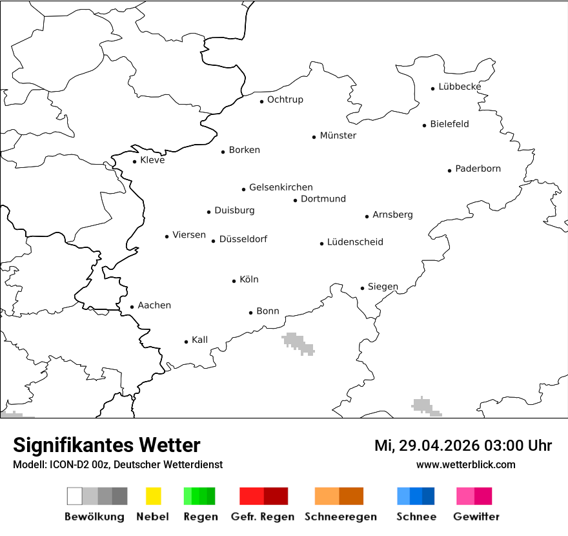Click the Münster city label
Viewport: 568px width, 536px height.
338,136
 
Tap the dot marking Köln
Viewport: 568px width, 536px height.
234,281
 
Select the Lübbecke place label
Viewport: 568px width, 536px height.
460,87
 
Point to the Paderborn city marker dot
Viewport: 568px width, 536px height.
450,170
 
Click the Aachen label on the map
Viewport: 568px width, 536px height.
154,305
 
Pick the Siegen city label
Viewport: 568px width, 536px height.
383,287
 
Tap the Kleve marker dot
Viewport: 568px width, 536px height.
135,161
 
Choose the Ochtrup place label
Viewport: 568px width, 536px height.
285,99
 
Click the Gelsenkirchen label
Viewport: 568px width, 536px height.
281,187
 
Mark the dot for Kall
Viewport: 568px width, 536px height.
187,342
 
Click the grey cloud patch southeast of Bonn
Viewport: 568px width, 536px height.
298,343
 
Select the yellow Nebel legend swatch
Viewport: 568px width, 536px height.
153,496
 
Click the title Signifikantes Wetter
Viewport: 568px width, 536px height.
107,445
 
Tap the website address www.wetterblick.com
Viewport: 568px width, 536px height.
465,464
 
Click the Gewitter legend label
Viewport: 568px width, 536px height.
476,517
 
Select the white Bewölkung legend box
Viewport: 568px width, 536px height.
75,496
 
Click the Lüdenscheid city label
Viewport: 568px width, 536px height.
355,242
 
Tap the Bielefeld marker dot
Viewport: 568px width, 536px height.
425,125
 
